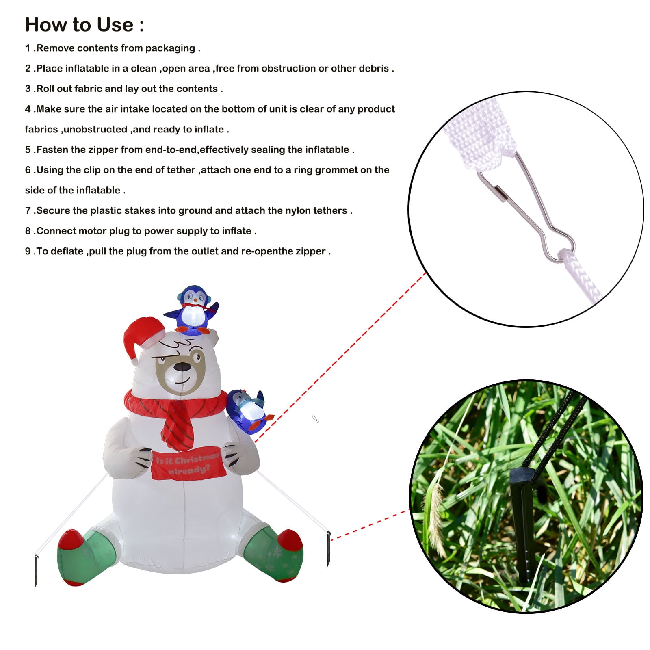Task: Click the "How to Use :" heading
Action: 84,25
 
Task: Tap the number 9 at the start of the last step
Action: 28,251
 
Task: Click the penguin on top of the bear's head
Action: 191,310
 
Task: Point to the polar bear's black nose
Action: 182,366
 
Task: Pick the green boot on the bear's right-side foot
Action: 274,554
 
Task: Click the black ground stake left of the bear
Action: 36,571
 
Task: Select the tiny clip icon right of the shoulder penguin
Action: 315,419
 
